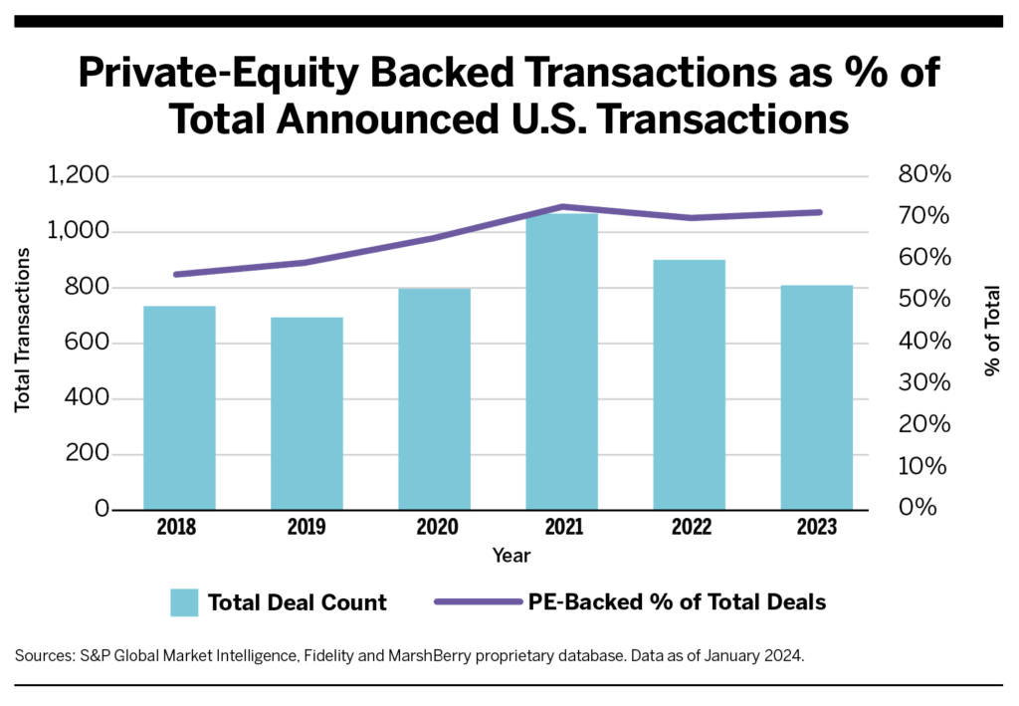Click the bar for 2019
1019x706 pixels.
(306, 413)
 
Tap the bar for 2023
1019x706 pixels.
(816, 397)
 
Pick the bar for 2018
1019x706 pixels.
(179, 407)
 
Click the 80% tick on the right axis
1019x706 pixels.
(925, 176)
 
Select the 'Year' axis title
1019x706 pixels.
(511, 556)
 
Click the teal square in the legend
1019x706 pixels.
(185, 602)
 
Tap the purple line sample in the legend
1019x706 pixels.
(479, 602)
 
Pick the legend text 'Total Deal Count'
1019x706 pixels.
(297, 602)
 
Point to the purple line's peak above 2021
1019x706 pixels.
(562, 206)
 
